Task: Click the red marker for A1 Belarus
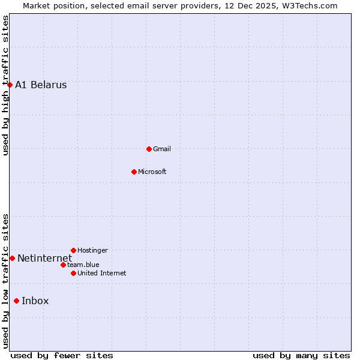coord(10,85)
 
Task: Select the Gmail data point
coord(149,149)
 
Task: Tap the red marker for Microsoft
coord(134,172)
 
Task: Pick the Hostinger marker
coord(73,250)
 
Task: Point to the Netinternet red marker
coord(12,258)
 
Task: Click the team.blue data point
coord(63,265)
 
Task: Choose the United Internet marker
coord(73,273)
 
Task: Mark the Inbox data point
coord(16,301)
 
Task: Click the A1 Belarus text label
coord(41,85)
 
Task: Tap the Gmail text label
coord(162,149)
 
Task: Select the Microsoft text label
coord(152,172)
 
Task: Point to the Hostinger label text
coord(92,251)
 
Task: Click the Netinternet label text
coord(44,259)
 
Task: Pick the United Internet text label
coord(101,274)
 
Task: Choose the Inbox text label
coord(35,301)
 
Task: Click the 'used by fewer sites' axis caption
coord(62,355)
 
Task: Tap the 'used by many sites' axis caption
coord(301,355)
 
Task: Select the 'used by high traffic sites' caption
coord(5,85)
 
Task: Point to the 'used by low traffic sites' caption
coord(5,281)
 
